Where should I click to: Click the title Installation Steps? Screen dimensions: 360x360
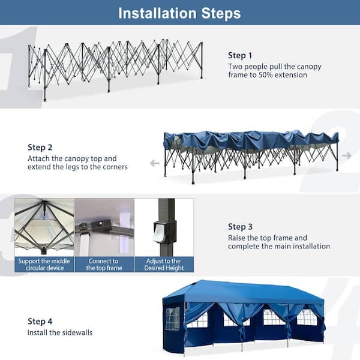[179, 13]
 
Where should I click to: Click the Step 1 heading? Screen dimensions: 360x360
[240, 55]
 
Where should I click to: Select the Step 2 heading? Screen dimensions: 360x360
[40, 147]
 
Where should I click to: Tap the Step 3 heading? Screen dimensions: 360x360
[241, 227]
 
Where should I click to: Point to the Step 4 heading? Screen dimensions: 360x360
[40, 321]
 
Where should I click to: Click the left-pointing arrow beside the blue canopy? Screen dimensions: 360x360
[154, 163]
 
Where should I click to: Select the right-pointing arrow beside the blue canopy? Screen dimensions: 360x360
[346, 155]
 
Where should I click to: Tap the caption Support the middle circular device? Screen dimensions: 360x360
[43, 265]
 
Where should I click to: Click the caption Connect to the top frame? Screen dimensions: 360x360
[104, 265]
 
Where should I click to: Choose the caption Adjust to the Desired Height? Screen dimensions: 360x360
[163, 265]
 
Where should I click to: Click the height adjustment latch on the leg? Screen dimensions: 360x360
[160, 232]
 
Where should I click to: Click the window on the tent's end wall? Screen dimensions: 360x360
[172, 318]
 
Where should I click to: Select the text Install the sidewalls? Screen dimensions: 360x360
[59, 332]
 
